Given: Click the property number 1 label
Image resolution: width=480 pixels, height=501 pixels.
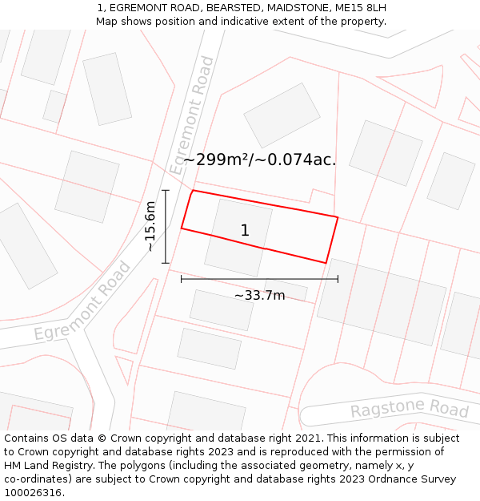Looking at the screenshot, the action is pyautogui.click(x=245, y=231).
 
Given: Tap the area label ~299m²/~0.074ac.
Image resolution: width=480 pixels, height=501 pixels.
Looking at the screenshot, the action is pyautogui.click(x=259, y=160).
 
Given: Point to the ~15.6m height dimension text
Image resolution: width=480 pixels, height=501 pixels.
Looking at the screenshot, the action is pyautogui.click(x=150, y=226).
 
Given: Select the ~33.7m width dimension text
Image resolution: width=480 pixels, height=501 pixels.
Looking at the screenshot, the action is pyautogui.click(x=259, y=295).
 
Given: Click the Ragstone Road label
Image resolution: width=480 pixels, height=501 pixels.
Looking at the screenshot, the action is pyautogui.click(x=410, y=410).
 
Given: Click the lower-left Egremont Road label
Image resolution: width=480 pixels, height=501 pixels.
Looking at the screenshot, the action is pyautogui.click(x=82, y=301).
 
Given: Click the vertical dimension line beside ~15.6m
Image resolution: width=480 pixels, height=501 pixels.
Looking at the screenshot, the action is pyautogui.click(x=166, y=226).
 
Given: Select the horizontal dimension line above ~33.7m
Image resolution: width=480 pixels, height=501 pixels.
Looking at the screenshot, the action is pyautogui.click(x=259, y=279).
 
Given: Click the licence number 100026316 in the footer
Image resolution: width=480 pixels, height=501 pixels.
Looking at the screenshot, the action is pyautogui.click(x=34, y=492).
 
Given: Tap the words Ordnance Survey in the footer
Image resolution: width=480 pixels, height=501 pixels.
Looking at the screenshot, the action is pyautogui.click(x=413, y=479).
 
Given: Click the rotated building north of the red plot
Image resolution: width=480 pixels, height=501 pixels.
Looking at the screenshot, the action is pyautogui.click(x=282, y=115).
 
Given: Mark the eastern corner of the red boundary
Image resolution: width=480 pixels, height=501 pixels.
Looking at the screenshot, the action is pyautogui.click(x=338, y=217).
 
